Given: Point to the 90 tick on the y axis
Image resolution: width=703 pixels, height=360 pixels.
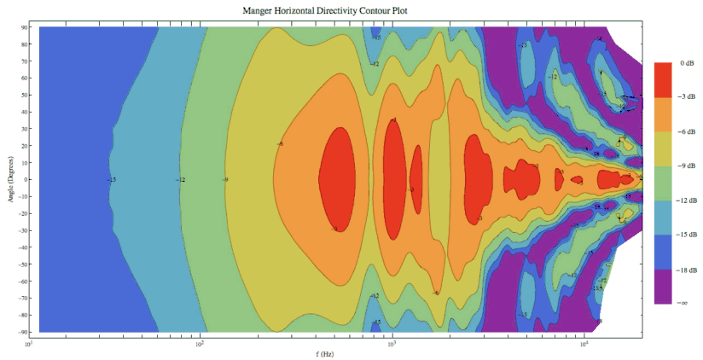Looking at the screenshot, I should pos(26,27).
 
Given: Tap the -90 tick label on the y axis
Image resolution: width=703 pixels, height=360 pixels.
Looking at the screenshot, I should pos(24,331).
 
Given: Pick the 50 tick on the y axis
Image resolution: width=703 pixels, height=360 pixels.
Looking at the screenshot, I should pos(26,95).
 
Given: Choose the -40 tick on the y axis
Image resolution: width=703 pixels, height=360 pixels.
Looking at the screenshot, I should pos(24,247).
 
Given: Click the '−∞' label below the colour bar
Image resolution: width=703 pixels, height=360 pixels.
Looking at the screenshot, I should pos(683,303).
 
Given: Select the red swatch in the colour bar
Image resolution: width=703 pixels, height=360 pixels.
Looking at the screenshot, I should pos(666,79).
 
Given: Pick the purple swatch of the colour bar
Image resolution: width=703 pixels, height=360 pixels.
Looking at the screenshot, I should pos(666,286).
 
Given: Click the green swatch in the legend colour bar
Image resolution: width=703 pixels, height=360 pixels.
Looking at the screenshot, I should pos(666,183).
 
